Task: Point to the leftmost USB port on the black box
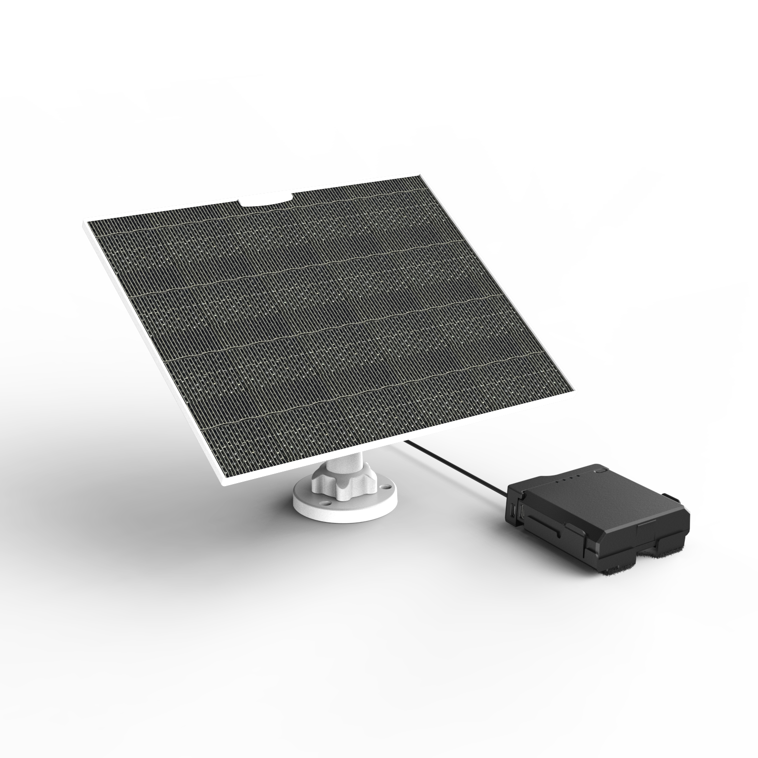[x=513, y=509]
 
